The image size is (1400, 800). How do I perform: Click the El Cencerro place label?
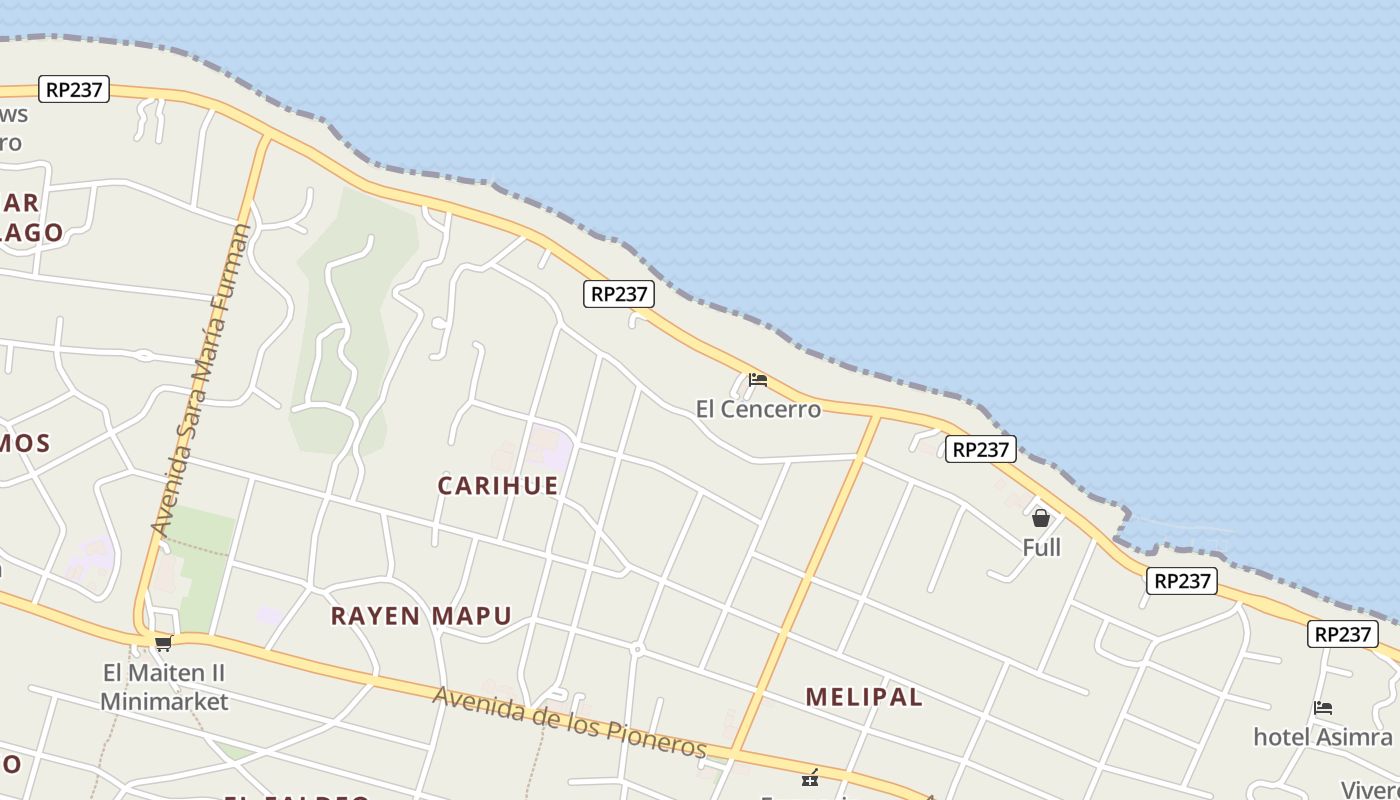[x=758, y=409]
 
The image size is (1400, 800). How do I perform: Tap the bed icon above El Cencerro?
[x=758, y=380]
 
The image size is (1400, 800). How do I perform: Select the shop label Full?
[x=1041, y=547]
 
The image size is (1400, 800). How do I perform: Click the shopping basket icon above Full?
[x=1041, y=518]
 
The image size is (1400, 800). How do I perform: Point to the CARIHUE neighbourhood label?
[x=498, y=485]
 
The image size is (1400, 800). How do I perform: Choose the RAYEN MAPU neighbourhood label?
[x=421, y=615]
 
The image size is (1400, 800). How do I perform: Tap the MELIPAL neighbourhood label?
[x=864, y=697]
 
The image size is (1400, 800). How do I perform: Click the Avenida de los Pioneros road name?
[x=570, y=723]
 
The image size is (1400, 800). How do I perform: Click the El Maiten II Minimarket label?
[x=164, y=686]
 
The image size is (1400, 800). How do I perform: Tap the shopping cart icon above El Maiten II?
[x=163, y=643]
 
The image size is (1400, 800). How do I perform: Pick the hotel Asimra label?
[x=1322, y=737]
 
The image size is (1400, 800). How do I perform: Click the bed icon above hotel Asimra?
[x=1323, y=708]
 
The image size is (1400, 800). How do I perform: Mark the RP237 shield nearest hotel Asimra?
[x=1342, y=634]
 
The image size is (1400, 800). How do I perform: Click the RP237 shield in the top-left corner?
[x=75, y=89]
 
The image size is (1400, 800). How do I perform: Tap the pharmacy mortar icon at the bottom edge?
[x=810, y=777]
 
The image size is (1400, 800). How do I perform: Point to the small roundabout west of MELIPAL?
[x=637, y=650]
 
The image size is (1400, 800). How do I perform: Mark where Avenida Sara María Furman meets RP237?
[x=268, y=134]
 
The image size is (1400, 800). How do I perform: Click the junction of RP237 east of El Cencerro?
[x=878, y=415]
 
